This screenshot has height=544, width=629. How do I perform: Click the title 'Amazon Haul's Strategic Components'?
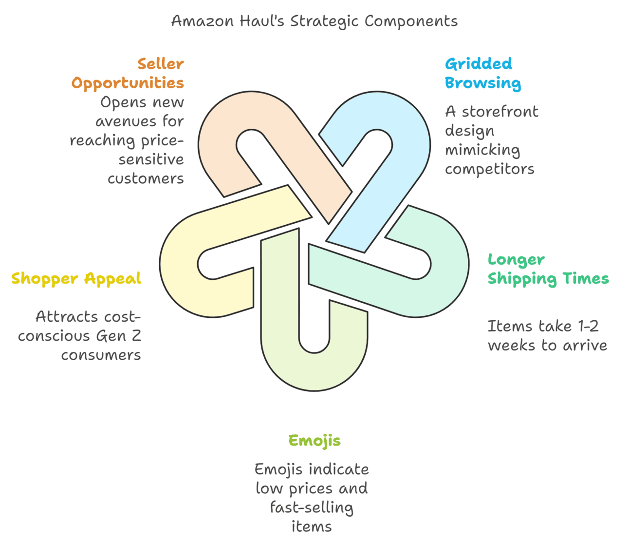pos(314,21)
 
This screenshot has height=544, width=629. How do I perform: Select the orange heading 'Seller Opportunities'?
pos(128,74)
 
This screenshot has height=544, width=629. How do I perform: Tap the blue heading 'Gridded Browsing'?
pos(482,74)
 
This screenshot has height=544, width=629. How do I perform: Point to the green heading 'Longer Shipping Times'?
pos(548,269)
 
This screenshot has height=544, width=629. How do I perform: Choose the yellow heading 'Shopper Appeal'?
pos(76,279)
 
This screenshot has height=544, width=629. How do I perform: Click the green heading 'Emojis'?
pos(314,441)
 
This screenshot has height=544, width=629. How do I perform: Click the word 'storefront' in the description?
pos(500,112)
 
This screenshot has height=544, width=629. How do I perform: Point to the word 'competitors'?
pos(489,169)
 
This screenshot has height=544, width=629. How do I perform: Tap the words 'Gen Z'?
pos(118,336)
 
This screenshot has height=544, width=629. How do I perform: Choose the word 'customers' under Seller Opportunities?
pos(146,179)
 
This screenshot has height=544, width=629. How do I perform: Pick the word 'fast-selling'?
pos(312,508)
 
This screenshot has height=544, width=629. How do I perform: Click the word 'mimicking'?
pos(482,150)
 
